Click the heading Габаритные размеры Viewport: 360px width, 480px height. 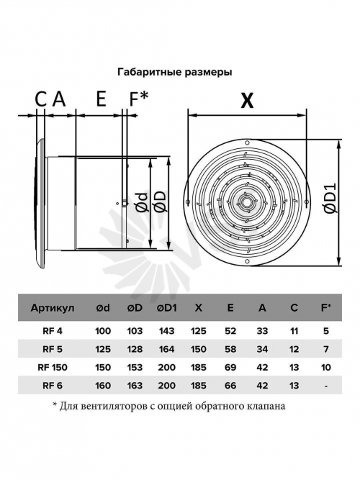[x=175, y=72]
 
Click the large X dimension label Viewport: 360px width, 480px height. [x=247, y=101]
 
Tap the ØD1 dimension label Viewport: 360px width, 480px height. [x=331, y=199]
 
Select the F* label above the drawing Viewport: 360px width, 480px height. [x=138, y=99]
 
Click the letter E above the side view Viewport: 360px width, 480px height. [x=101, y=99]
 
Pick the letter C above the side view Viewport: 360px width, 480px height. [x=41, y=99]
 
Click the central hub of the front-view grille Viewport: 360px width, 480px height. [x=246, y=202]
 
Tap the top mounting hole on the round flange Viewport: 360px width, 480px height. [x=247, y=142]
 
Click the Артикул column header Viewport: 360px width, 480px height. [x=53, y=308]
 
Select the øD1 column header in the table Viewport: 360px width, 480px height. [x=167, y=308]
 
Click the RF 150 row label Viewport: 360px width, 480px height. [x=53, y=367]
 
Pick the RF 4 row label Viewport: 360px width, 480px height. [x=53, y=331]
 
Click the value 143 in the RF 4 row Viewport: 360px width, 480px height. [x=167, y=331]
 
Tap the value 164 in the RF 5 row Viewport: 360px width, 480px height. [x=167, y=349]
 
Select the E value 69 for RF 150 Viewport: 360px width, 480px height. [x=230, y=367]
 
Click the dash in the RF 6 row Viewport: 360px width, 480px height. [x=326, y=386]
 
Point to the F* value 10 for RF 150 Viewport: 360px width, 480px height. [x=326, y=367]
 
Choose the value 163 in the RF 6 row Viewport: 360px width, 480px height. [x=135, y=385]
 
